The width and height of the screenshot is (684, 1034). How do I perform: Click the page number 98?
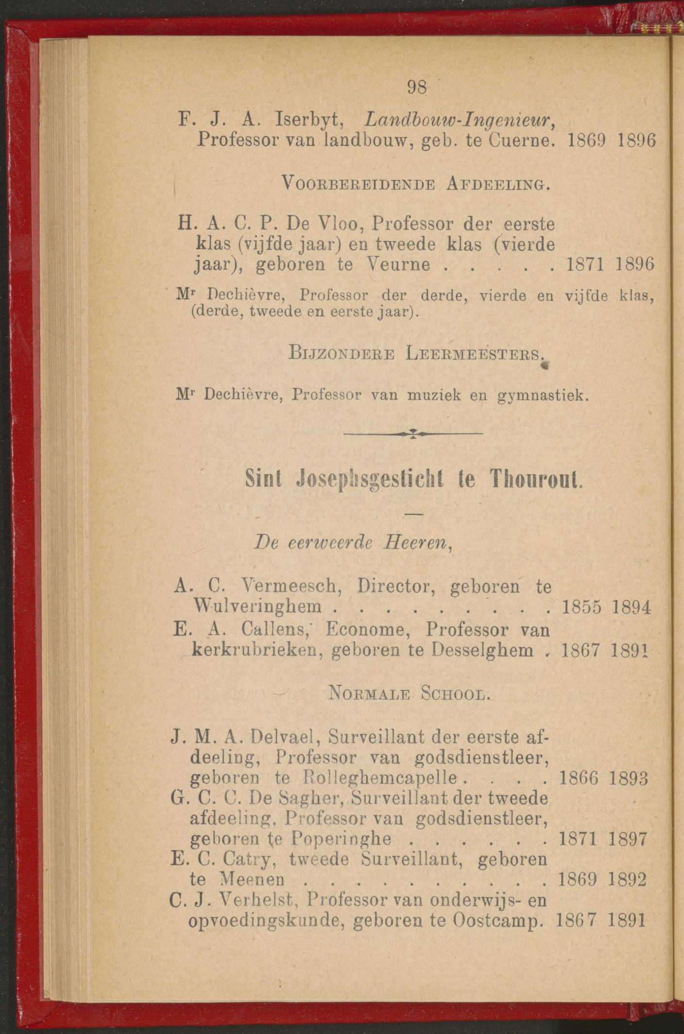coord(417,87)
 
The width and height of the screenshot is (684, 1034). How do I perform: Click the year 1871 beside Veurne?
coord(581,265)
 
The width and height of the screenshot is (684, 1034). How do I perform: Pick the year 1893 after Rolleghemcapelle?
coord(629,779)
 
